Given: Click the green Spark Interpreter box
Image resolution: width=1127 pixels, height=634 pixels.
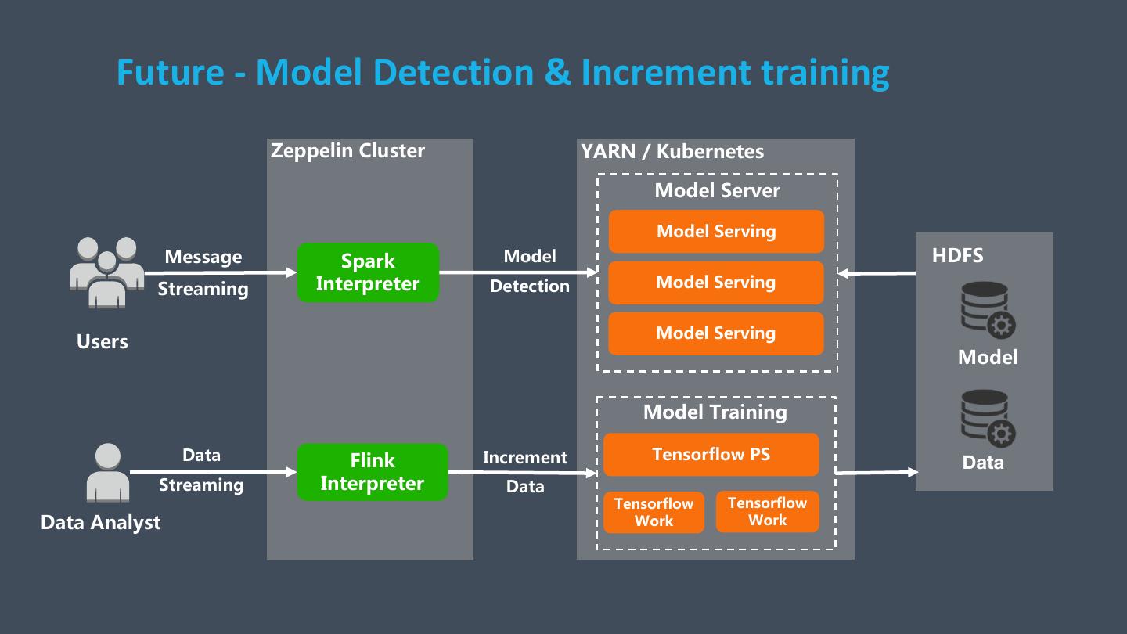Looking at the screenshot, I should (368, 272).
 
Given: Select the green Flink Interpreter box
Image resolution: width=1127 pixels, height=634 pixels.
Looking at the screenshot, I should (372, 472).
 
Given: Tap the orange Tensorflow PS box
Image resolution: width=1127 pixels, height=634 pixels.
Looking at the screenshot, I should (711, 455).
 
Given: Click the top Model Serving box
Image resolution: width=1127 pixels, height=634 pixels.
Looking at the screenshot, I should (716, 231).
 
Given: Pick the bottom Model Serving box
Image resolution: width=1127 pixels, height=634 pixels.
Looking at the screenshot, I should (716, 333).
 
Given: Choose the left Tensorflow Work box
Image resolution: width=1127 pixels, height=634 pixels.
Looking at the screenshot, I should (654, 512).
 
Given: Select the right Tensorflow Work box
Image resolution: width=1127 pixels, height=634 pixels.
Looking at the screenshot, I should (767, 512).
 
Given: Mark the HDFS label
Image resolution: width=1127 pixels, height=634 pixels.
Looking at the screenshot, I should (957, 255).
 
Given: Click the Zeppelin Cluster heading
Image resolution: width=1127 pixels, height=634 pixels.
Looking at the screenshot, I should (347, 151).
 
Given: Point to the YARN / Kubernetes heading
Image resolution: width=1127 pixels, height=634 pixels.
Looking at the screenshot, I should (672, 151).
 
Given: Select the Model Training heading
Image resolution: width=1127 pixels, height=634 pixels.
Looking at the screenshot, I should (715, 412).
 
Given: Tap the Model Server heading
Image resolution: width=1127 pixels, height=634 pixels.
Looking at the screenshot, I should (717, 190).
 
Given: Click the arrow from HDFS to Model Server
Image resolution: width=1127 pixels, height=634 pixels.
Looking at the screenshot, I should (877, 273).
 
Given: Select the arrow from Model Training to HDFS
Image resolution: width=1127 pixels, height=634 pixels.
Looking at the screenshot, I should (877, 472).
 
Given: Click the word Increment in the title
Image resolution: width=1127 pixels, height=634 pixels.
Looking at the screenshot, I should (666, 72).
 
